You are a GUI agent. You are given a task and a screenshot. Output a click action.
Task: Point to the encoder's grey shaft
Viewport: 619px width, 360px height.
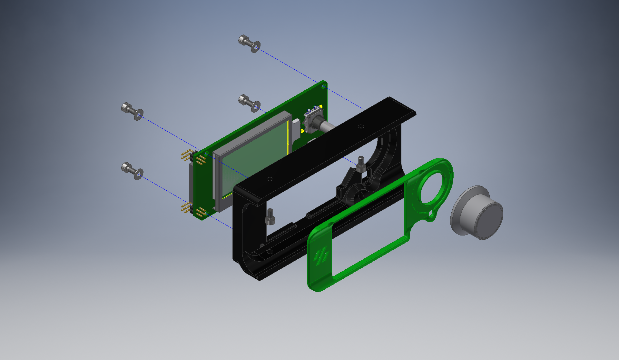327,126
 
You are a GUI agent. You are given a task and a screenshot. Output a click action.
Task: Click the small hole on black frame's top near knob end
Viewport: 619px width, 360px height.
361,126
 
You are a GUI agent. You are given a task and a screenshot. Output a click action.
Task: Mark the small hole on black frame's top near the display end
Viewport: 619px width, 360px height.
270,179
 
